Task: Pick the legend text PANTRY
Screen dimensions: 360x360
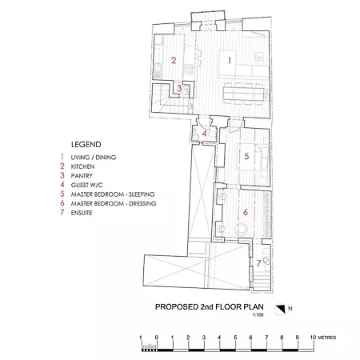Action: tap(82, 176)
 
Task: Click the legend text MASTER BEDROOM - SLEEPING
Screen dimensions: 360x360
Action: tap(112, 194)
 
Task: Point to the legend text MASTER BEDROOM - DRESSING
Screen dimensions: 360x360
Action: tap(113, 204)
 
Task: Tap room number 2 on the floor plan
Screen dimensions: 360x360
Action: tap(173, 61)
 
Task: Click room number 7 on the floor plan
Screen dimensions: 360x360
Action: tap(258, 263)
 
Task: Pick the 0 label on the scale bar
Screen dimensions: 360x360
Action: tap(156, 338)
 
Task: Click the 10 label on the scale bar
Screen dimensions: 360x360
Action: tap(312, 338)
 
